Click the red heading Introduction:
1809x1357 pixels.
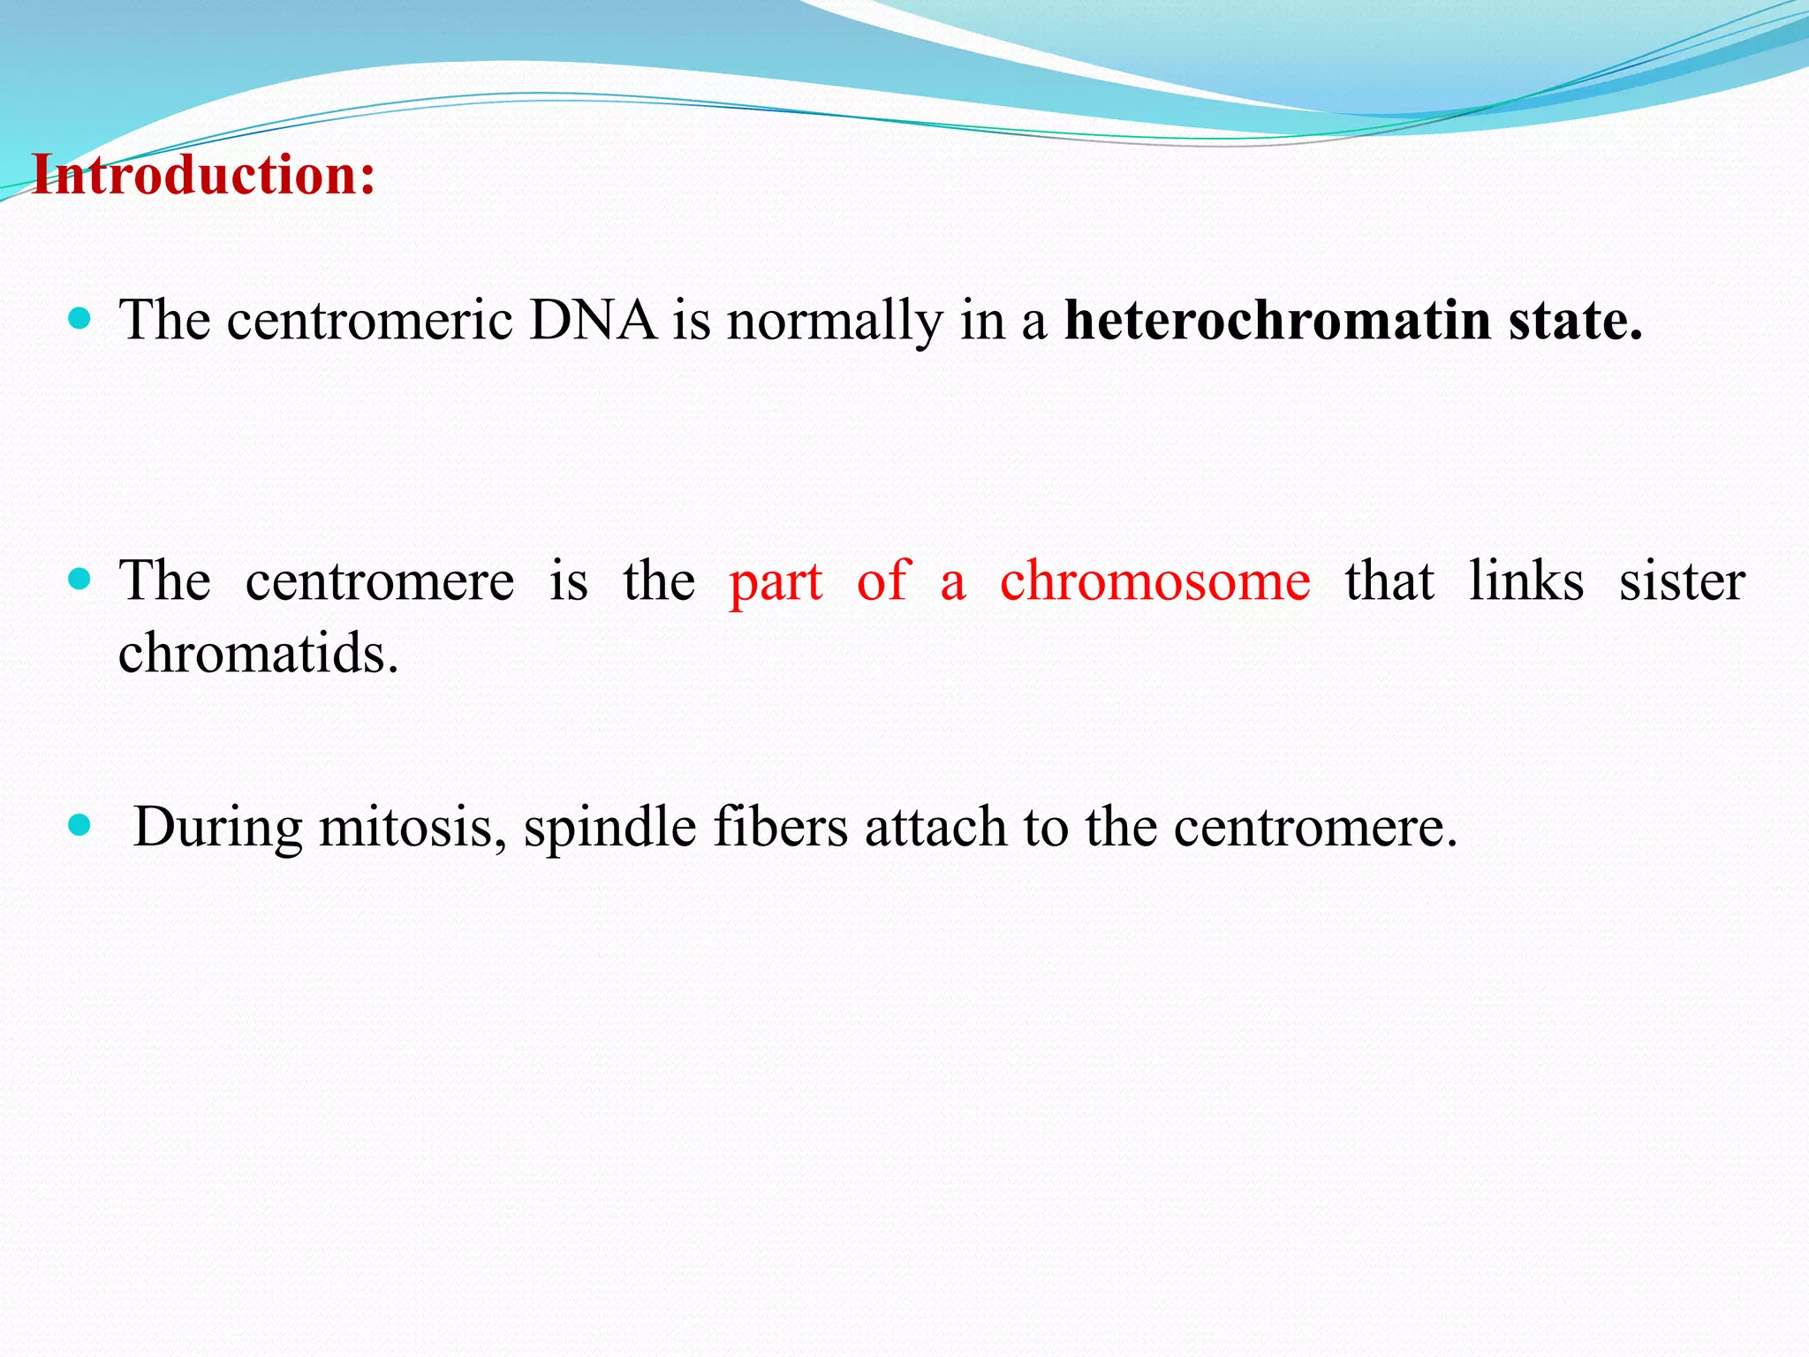(204, 176)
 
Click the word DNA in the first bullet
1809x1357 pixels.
(593, 320)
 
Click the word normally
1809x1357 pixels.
(834, 322)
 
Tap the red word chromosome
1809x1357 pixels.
(1154, 582)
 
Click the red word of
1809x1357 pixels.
(882, 581)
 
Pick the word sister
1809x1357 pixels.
(1681, 582)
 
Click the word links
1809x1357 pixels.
(1525, 581)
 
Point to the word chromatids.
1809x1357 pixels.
(258, 654)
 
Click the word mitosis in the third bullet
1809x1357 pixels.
(412, 829)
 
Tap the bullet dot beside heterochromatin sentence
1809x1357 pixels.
(79, 318)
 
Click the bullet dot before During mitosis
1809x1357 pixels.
(79, 826)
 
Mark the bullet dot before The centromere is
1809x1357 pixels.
(79, 580)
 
